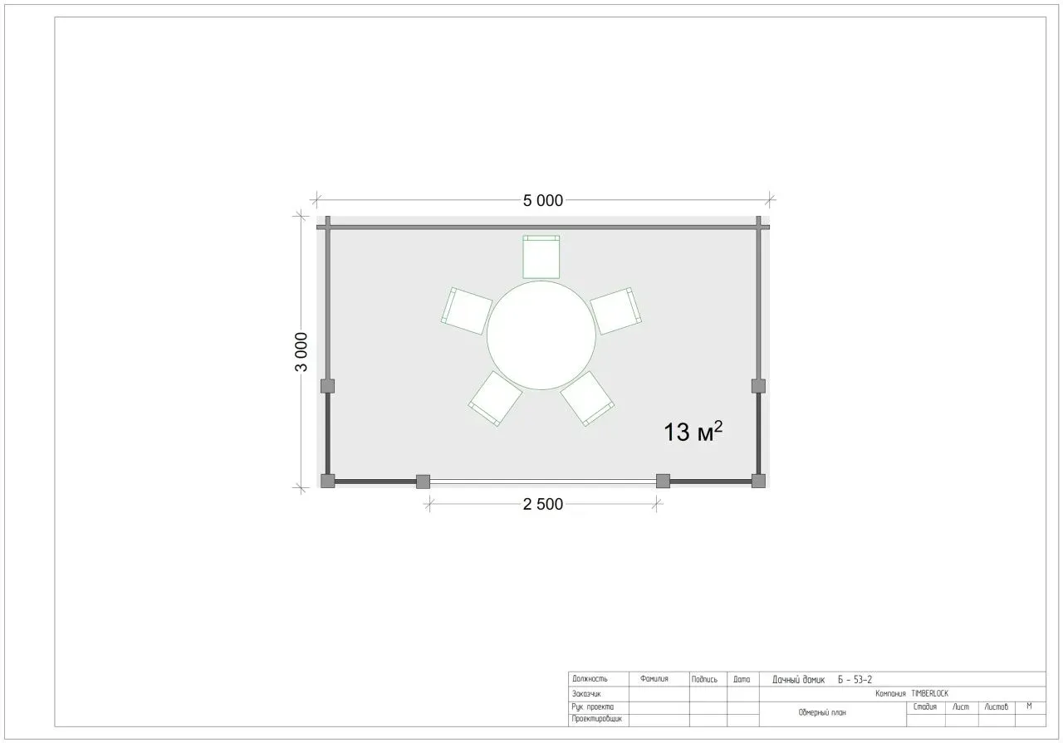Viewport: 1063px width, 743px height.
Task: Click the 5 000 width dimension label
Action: pyautogui.click(x=543, y=201)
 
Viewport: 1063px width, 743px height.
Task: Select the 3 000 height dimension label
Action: pyautogui.click(x=301, y=351)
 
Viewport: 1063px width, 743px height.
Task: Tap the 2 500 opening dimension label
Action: pyautogui.click(x=543, y=504)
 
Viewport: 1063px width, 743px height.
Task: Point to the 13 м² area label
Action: pyautogui.click(x=693, y=432)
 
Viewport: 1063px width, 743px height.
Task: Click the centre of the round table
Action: pyautogui.click(x=541, y=335)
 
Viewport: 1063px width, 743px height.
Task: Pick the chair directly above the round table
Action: pyautogui.click(x=541, y=257)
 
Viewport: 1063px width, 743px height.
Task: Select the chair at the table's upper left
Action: pyautogui.click(x=467, y=310)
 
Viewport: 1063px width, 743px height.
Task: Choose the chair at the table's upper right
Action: pyautogui.click(x=616, y=310)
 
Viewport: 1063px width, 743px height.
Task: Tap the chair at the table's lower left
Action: pyautogui.click(x=496, y=398)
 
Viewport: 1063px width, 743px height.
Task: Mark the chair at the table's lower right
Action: pyautogui.click(x=587, y=398)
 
